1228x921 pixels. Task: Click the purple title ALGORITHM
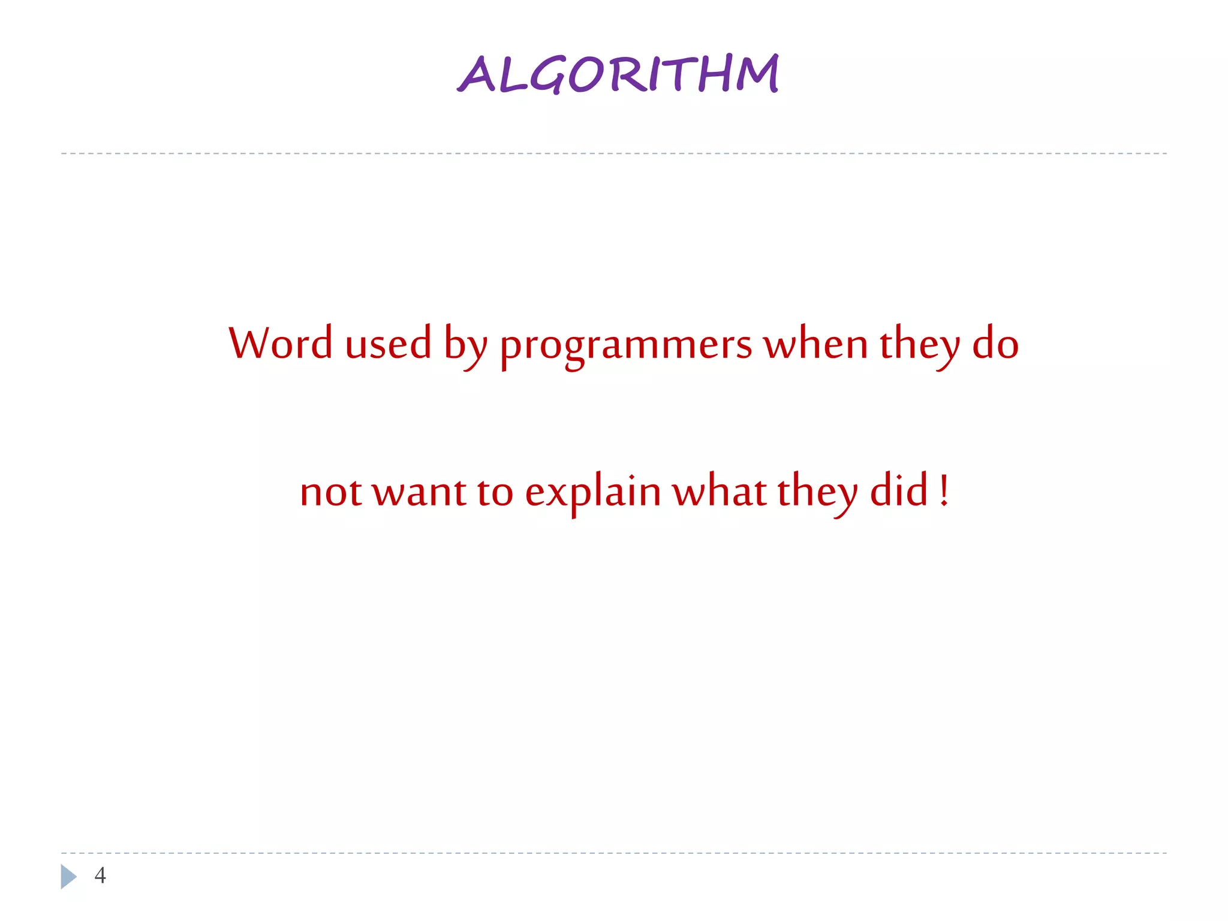coord(618,74)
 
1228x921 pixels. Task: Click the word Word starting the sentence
coord(280,344)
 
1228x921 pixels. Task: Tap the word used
coord(388,344)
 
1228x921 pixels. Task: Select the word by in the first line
coord(465,347)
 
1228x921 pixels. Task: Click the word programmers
coord(625,347)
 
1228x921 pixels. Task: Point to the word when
coord(815,344)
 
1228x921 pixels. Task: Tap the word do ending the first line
coord(995,344)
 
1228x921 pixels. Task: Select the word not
coord(331,492)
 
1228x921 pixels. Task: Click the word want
coord(419,492)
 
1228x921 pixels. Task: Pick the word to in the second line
coord(495,492)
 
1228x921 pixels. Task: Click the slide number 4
coord(100,875)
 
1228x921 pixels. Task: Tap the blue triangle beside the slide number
coord(68,876)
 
